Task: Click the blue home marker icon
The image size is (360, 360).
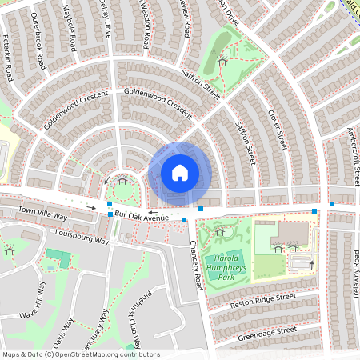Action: [x=180, y=173]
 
